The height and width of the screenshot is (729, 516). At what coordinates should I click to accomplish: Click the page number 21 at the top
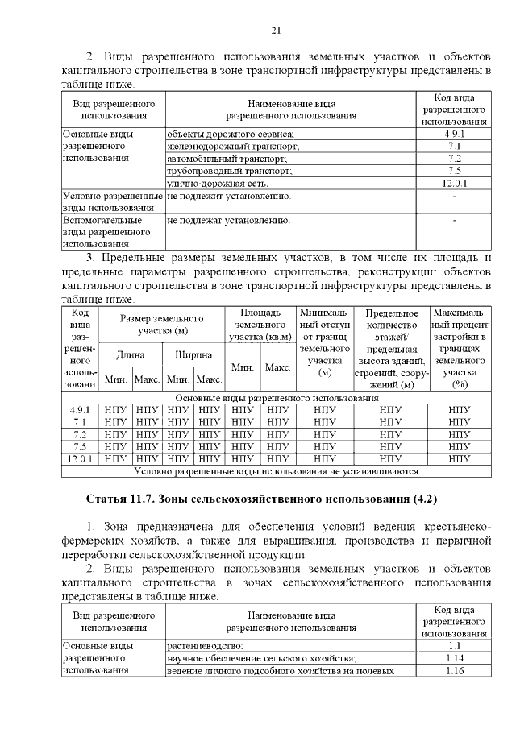275,31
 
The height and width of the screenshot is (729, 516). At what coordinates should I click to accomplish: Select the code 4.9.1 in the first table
454,134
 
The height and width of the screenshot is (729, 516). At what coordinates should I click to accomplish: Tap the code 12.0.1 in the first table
454,184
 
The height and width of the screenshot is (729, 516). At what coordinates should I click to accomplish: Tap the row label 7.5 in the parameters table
80,445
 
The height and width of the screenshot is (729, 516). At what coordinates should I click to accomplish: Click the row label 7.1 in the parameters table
80,421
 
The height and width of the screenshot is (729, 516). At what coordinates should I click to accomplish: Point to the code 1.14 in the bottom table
454,658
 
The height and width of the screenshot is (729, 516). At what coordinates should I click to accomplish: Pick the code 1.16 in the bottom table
454,670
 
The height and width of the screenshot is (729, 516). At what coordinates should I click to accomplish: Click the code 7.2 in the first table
454,159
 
